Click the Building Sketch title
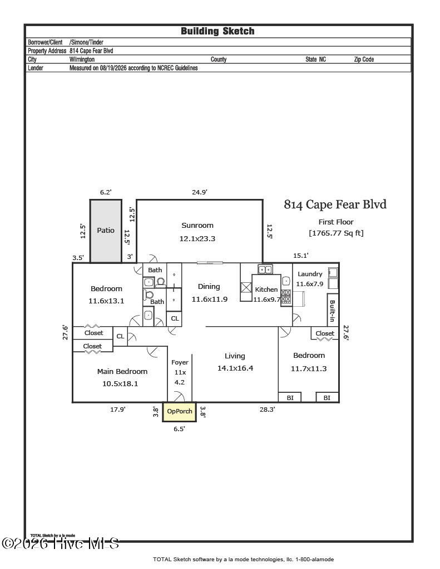pyautogui.click(x=217, y=31)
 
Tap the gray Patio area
pyautogui.click(x=106, y=231)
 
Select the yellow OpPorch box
pyautogui.click(x=180, y=412)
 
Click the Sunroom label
pyautogui.click(x=197, y=226)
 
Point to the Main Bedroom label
pyautogui.click(x=122, y=372)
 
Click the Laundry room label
pyautogui.click(x=310, y=274)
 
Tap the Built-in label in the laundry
pyautogui.click(x=332, y=311)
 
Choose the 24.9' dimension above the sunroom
pyautogui.click(x=200, y=192)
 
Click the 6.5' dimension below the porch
pyautogui.click(x=179, y=429)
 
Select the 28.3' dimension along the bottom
pyautogui.click(x=267, y=410)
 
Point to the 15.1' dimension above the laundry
pyautogui.click(x=300, y=256)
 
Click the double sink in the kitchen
pyautogui.click(x=265, y=269)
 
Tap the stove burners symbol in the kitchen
pyautogui.click(x=286, y=297)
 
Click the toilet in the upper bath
pyautogui.click(x=161, y=282)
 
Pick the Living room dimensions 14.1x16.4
pyautogui.click(x=235, y=368)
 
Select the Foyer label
pyautogui.click(x=180, y=362)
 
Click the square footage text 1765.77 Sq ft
pyautogui.click(x=336, y=233)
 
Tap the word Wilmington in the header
pyautogui.click(x=82, y=59)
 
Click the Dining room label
pyautogui.click(x=209, y=287)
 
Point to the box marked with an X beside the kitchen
pyautogui.click(x=246, y=288)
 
